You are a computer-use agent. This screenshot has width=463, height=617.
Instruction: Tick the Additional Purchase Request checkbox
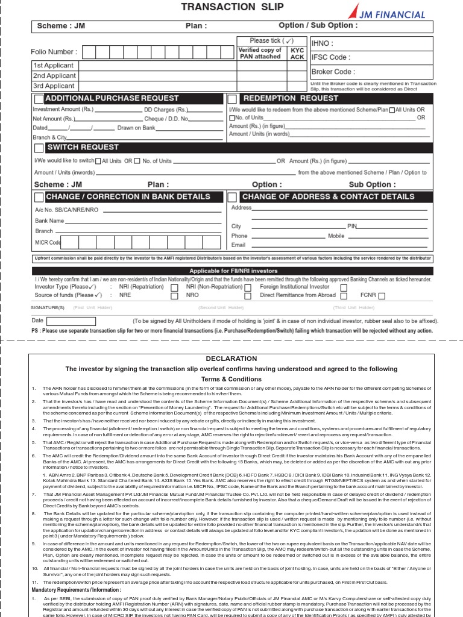pos(39,99)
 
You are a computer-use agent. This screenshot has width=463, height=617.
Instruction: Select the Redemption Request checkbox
pos(232,99)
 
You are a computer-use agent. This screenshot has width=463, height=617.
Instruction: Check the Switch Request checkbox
pos(39,148)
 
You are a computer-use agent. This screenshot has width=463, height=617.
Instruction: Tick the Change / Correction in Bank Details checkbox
pos(39,197)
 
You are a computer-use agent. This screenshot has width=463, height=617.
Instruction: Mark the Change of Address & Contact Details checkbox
pos(232,197)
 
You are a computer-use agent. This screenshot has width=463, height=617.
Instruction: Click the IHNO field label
pos(323,43)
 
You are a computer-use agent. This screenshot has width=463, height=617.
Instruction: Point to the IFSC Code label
pos(330,57)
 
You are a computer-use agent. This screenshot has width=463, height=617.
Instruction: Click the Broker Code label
pos(333,72)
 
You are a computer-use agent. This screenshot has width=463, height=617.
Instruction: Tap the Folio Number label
pos(54,52)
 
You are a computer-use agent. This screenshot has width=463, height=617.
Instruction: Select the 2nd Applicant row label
pos(54,76)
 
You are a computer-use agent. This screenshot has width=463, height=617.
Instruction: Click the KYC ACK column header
pos(297,54)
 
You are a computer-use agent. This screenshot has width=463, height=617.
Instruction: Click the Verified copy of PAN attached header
pos(260,54)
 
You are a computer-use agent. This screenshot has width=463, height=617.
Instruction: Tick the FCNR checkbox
pos(382,296)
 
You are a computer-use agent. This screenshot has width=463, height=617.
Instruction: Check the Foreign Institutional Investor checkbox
pos(344,288)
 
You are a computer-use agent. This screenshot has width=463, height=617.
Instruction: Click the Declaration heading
pos(231,359)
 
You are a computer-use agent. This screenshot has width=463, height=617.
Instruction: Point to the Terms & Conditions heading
pos(231,379)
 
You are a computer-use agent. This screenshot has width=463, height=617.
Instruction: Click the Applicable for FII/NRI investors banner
pos(234,271)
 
